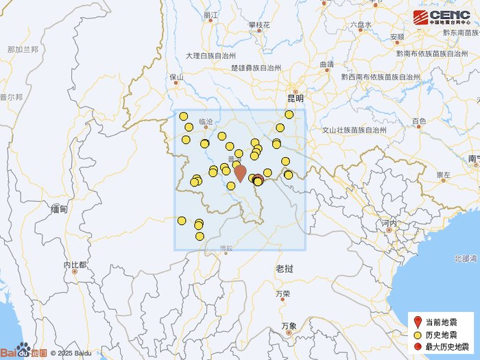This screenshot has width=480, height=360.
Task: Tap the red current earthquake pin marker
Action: (x=240, y=173)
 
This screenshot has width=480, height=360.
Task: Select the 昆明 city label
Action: (x=296, y=99)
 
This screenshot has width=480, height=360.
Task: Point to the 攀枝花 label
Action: (x=259, y=25)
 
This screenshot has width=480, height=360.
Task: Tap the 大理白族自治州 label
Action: (x=211, y=56)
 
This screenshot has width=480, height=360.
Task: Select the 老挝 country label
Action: (x=285, y=267)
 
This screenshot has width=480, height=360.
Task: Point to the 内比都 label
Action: (x=75, y=265)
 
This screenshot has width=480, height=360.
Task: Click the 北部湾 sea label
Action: (x=465, y=259)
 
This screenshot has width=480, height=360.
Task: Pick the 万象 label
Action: (x=289, y=326)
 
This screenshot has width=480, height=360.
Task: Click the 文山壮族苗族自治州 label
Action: (x=354, y=130)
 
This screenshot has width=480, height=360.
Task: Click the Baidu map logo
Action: (x=24, y=352)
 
